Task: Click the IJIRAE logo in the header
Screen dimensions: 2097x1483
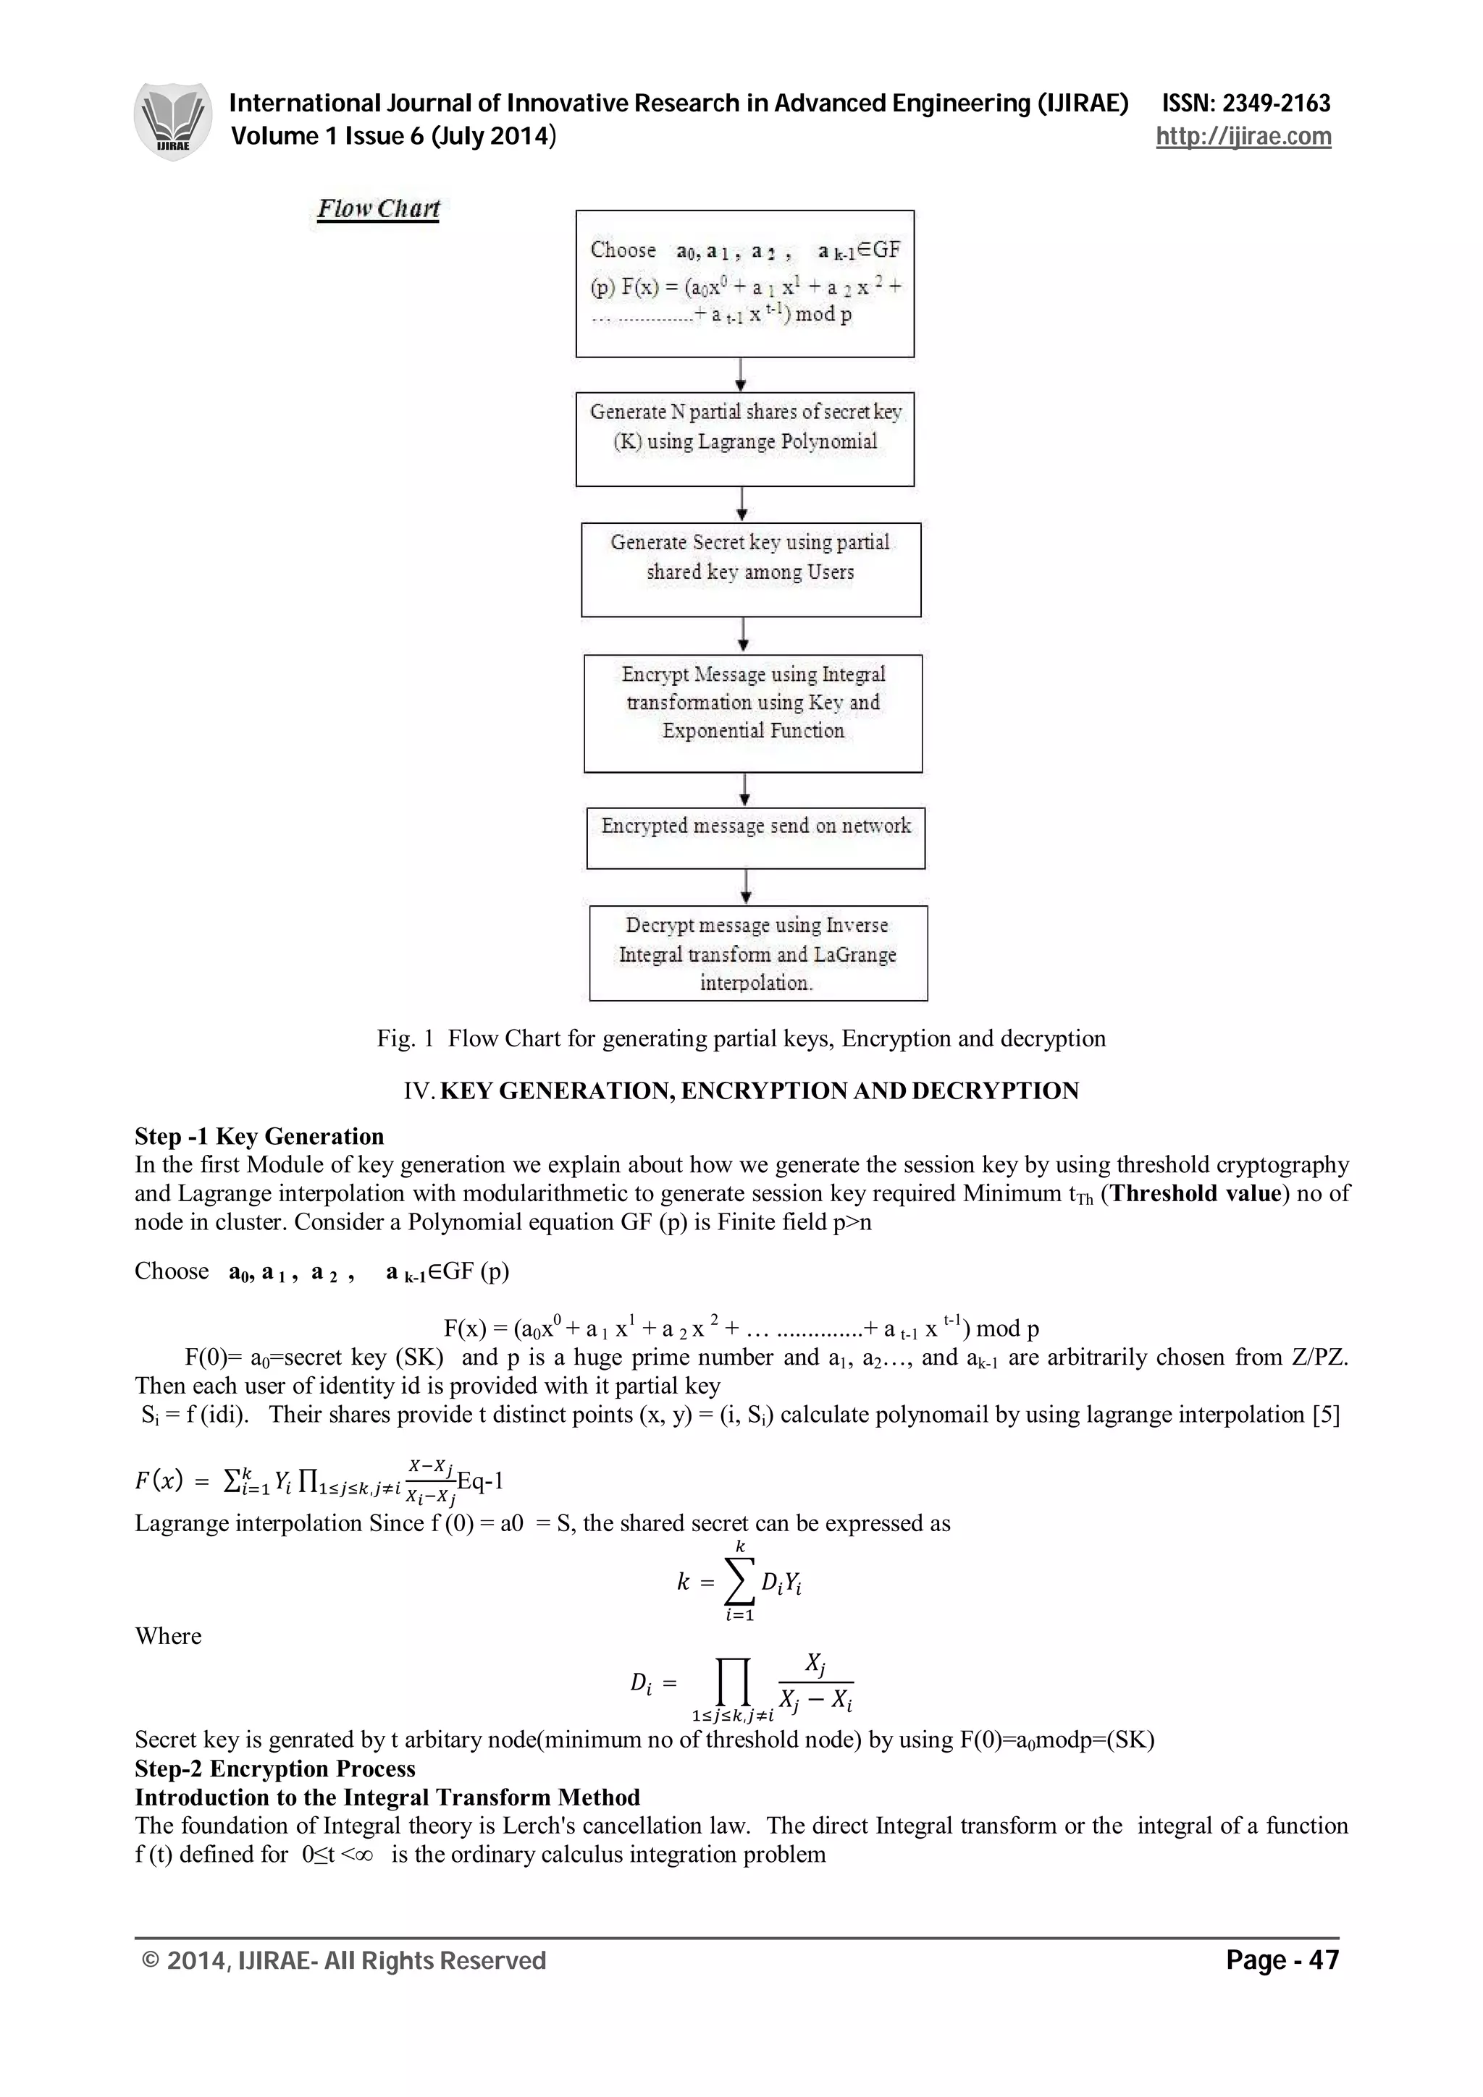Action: tap(172, 122)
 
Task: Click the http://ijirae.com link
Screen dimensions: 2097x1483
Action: tap(1243, 137)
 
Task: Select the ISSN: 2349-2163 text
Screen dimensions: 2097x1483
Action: tap(1245, 103)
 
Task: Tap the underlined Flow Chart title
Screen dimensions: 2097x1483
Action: tap(378, 209)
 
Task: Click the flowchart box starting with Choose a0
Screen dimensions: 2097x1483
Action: tap(744, 283)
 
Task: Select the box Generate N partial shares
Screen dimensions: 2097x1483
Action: tap(744, 439)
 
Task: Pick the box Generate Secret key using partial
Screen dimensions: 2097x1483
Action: tap(750, 569)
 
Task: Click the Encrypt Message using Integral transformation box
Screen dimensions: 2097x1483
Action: tap(753, 713)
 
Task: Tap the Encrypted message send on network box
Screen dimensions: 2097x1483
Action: tap(756, 837)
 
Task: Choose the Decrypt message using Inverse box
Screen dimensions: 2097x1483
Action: tap(758, 952)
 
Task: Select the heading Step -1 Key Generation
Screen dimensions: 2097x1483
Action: tap(259, 1136)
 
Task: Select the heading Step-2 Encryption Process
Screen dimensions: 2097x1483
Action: tap(275, 1768)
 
